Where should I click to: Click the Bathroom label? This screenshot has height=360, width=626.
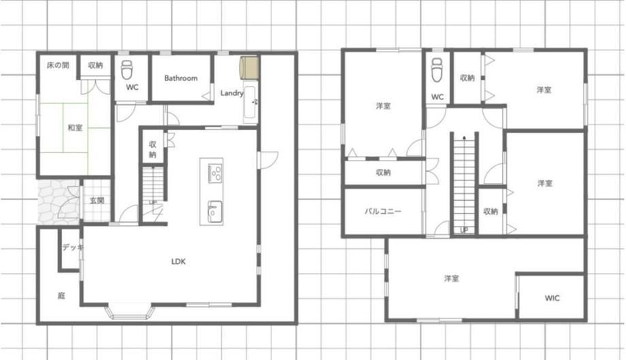coord(181,78)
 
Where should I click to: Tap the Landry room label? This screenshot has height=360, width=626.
coord(232,93)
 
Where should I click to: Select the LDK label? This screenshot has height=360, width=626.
coord(178,261)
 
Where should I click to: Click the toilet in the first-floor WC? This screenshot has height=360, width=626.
coord(127,70)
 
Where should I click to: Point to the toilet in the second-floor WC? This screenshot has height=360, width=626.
coord(437,69)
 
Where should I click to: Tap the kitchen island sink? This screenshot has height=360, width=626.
coord(215,210)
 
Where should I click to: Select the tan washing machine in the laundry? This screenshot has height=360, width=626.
coord(249,67)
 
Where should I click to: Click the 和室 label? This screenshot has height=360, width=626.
coord(75,128)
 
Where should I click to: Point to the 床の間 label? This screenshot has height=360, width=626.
coord(58,65)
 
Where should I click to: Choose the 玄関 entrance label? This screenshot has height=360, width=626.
coord(97,200)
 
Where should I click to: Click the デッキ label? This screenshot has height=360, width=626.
coord(73,248)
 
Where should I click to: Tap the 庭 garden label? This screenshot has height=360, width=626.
coord(61,296)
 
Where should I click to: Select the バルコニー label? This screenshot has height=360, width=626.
coord(383,211)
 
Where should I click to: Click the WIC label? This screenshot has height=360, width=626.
coord(552,298)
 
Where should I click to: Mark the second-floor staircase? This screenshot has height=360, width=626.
coord(464,184)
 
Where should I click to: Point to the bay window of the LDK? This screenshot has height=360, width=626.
coord(130,312)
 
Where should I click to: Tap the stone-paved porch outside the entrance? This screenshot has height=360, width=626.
coord(59,201)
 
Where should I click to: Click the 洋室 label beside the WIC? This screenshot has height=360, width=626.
coord(452,278)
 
